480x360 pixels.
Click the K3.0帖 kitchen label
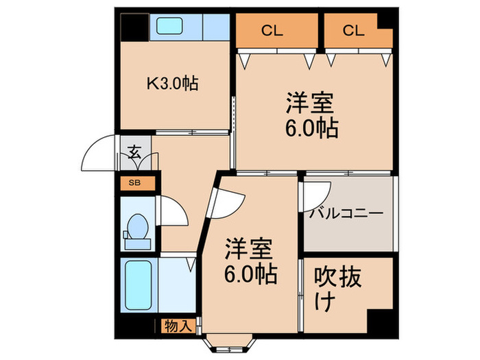[173, 85]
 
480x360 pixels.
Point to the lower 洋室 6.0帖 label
[250, 262]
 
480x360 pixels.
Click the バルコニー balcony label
[346, 213]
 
